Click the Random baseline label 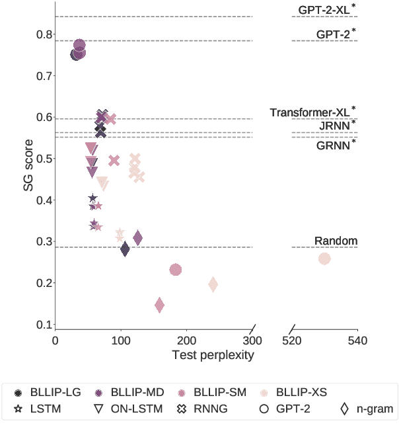pos(336,241)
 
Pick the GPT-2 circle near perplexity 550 pos(324,259)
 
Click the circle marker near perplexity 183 pos(176,270)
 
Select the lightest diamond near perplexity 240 pos(213,284)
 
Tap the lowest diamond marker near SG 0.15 pos(159,305)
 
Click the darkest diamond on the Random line pos(125,249)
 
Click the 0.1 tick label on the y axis pos(43,325)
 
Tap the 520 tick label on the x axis pos(292,341)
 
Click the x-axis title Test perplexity pos(213,355)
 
